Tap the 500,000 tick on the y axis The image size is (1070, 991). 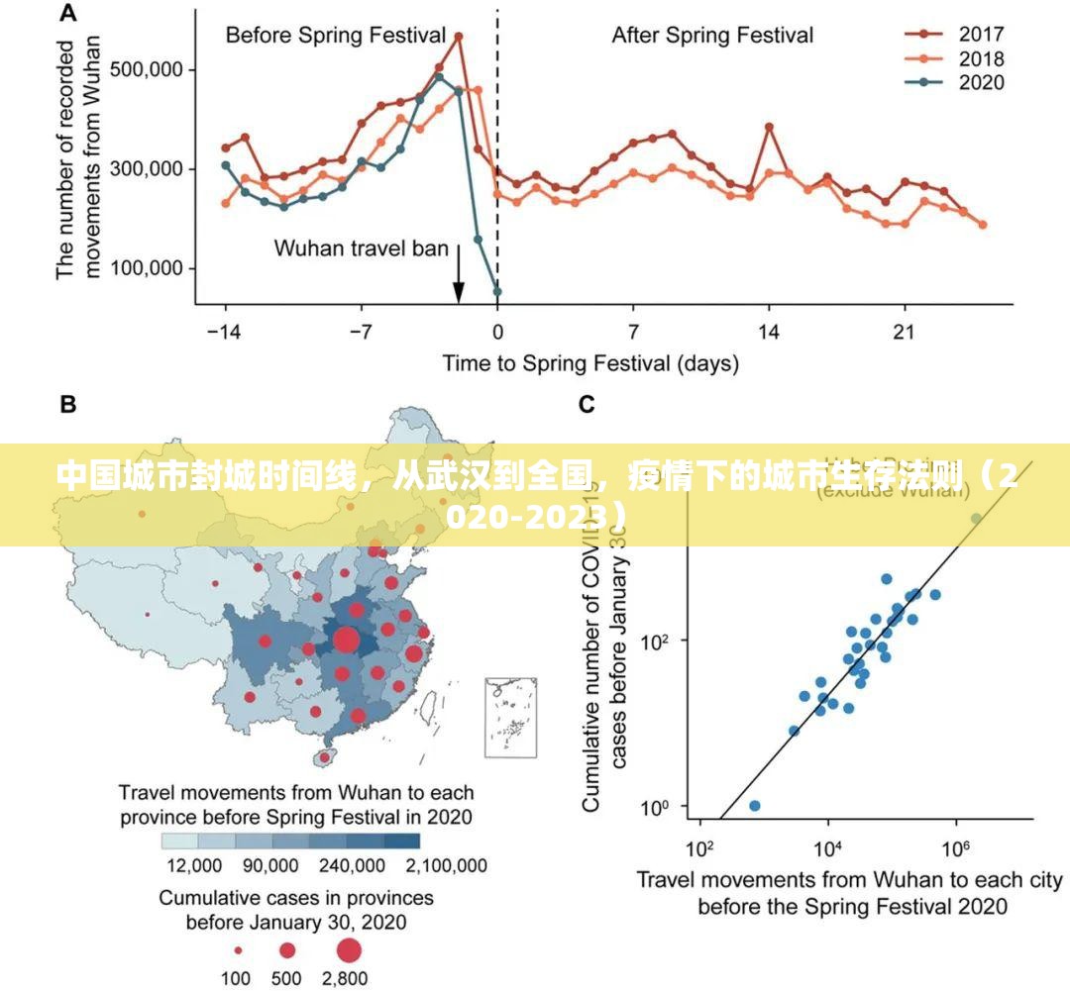tap(145, 70)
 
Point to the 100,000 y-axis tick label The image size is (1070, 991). tap(145, 268)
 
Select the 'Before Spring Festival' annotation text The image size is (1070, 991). tap(336, 36)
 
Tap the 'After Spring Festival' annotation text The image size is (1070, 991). tap(712, 36)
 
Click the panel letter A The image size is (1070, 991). tap(68, 13)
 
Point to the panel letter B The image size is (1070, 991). tap(68, 404)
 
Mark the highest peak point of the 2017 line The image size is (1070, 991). tap(459, 37)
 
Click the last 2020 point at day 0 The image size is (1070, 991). tap(496, 292)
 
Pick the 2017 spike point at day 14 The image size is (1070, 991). tap(769, 127)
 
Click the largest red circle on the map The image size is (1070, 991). tap(345, 641)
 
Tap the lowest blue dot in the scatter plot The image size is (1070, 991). tap(755, 806)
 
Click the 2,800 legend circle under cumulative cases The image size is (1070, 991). tap(348, 951)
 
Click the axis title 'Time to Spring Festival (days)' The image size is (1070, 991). tap(589, 363)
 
